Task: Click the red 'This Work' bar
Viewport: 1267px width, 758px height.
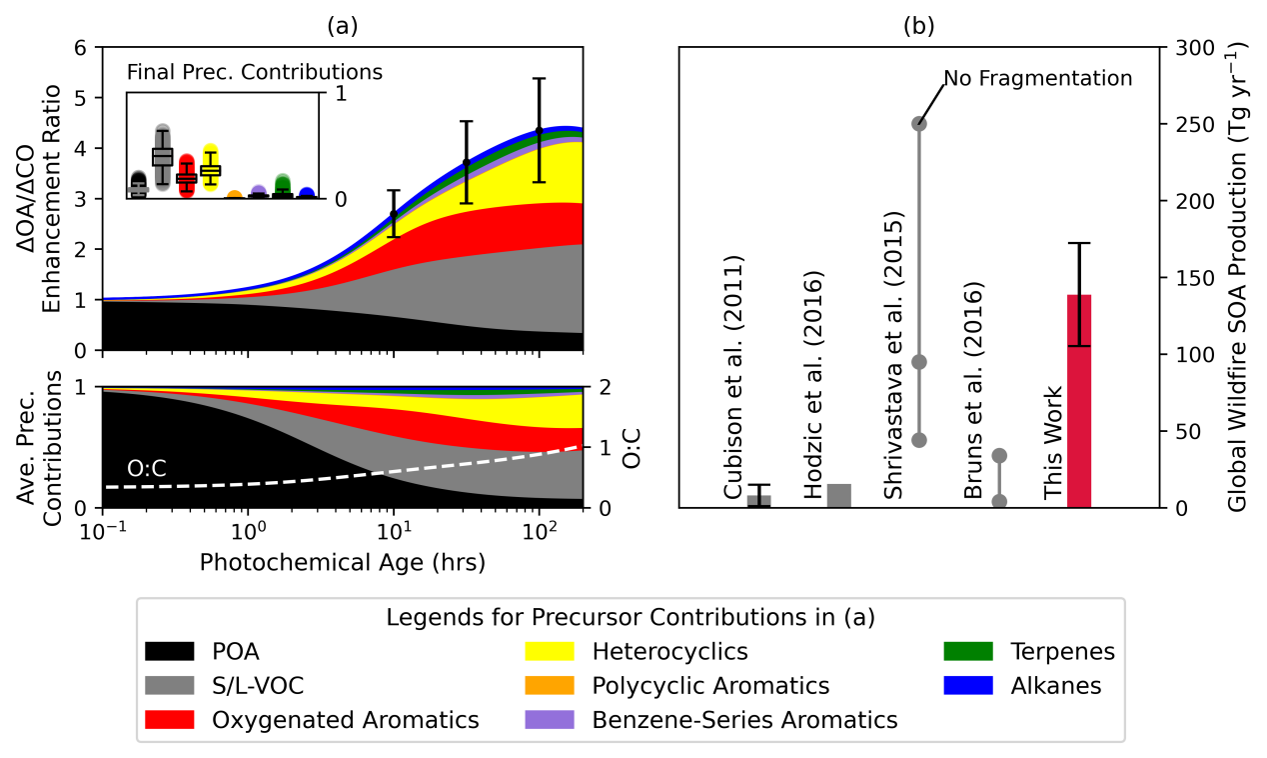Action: click(x=1079, y=400)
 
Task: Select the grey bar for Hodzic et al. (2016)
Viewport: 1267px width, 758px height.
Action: click(x=839, y=496)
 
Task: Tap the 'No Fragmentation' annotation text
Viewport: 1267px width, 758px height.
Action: click(x=1038, y=78)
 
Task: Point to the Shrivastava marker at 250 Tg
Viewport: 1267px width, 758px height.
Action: click(x=919, y=124)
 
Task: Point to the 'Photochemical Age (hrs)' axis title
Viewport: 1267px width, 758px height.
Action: click(x=343, y=562)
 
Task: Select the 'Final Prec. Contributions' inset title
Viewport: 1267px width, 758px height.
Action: click(x=255, y=72)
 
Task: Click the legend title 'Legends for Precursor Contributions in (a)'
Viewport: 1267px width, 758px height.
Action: click(x=631, y=618)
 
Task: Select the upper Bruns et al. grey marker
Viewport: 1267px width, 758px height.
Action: click(x=999, y=456)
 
